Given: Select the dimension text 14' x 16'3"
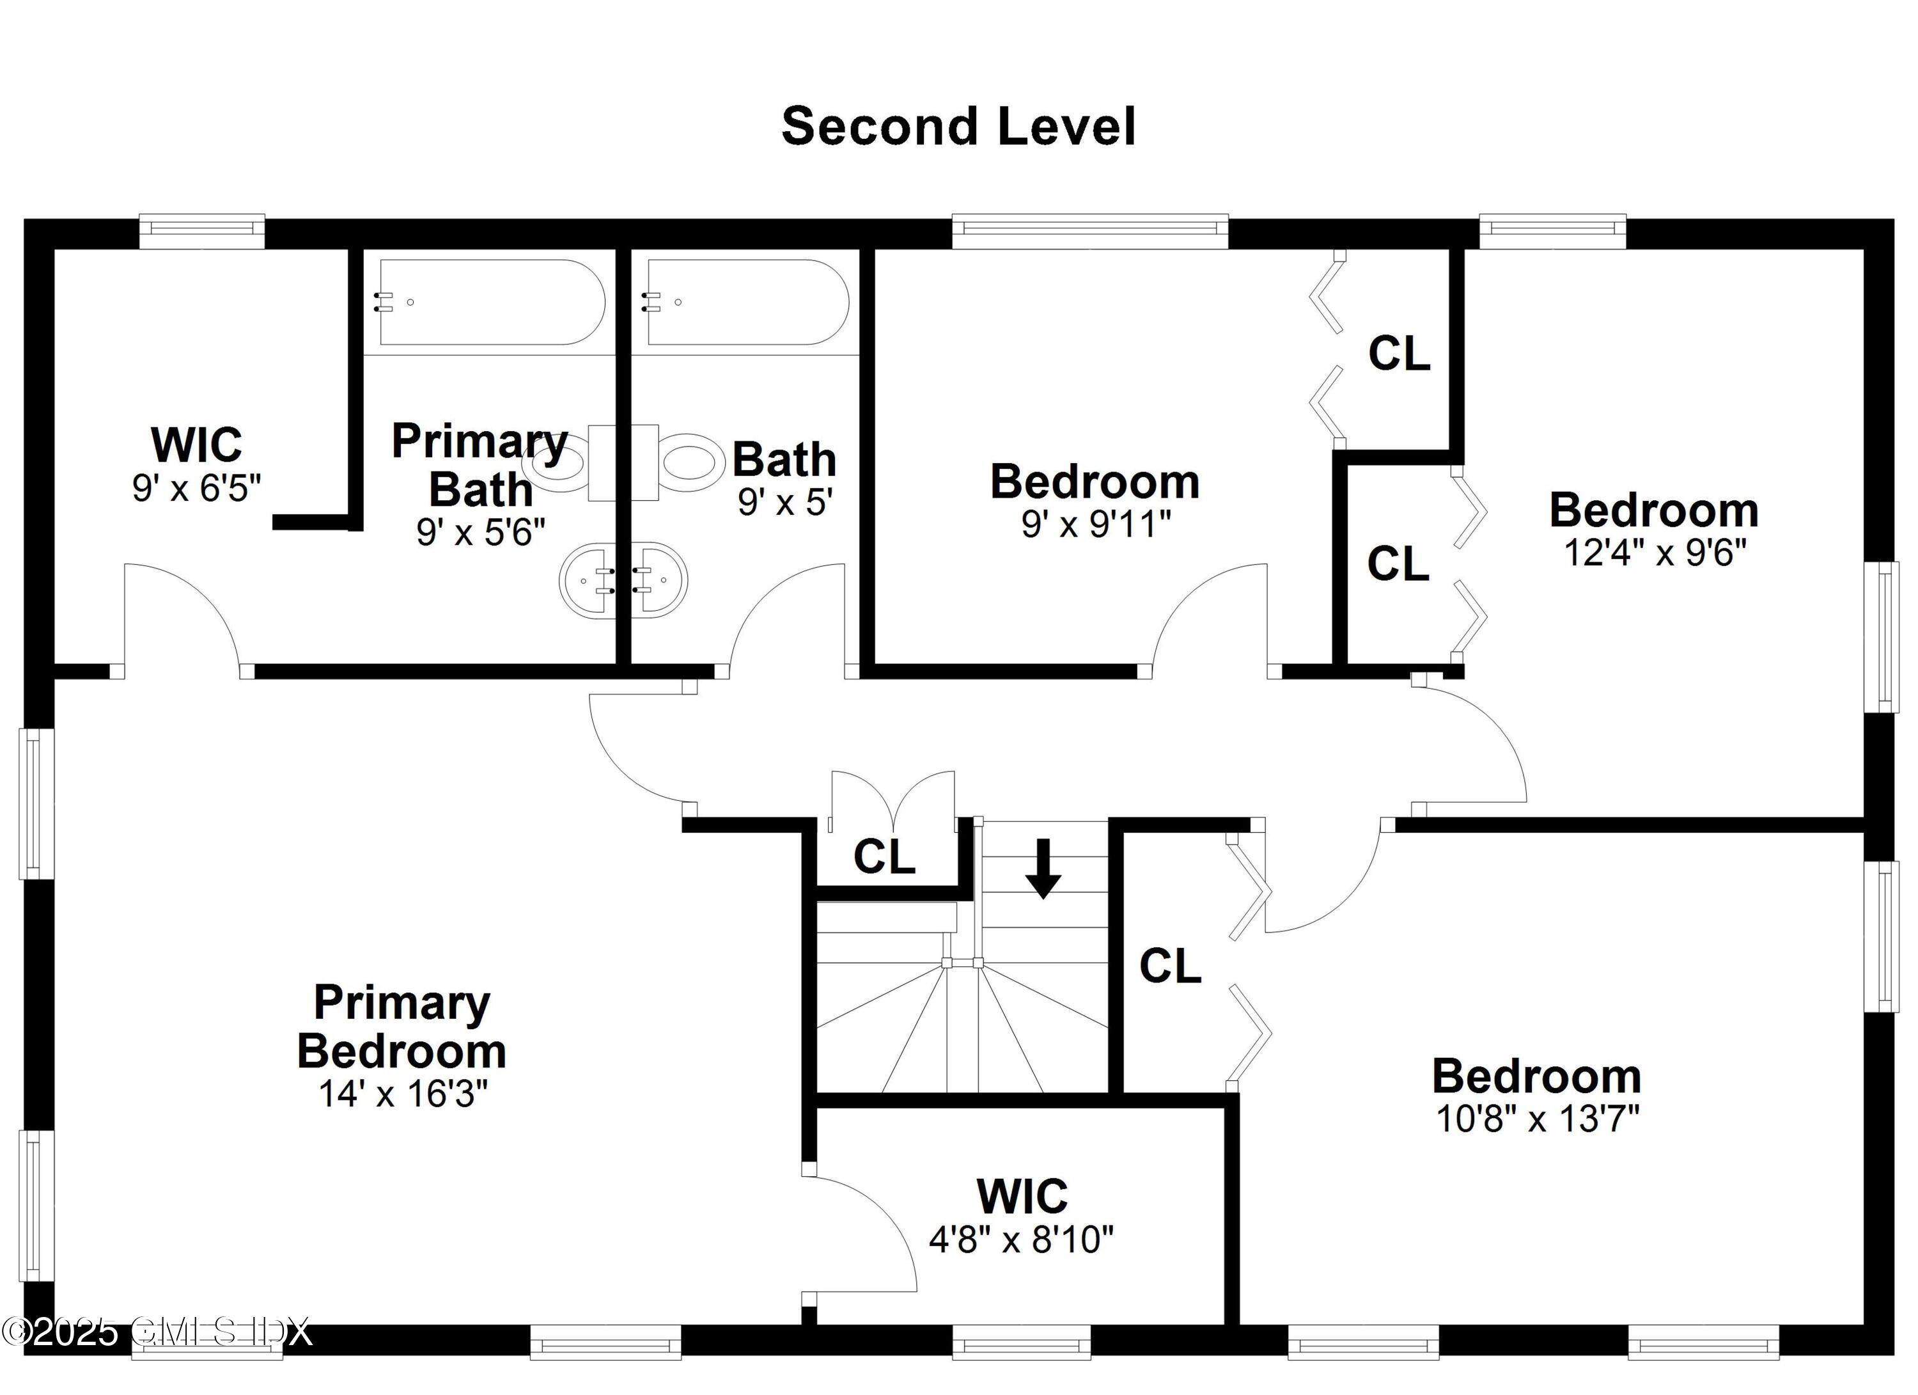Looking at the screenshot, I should point(403,1094).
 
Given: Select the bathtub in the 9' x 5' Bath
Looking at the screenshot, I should point(747,302).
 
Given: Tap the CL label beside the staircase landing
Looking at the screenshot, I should point(884,856).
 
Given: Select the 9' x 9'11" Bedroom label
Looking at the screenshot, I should point(1095,482).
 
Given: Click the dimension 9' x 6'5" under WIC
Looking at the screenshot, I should point(196,488).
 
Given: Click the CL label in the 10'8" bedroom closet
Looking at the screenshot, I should point(1169,965).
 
